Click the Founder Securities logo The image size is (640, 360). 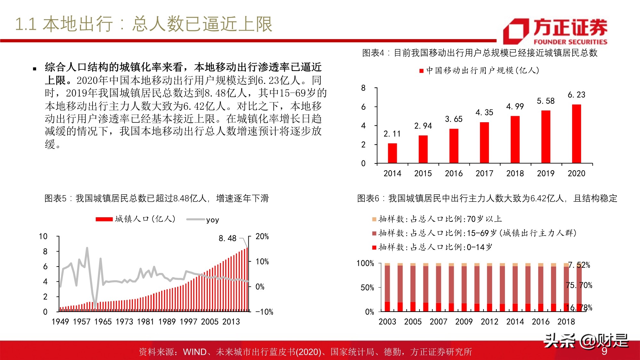pos(555,31)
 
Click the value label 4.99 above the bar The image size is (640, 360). pos(515,107)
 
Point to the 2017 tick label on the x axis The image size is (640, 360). pos(484,173)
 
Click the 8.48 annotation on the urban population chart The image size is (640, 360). pos(227,238)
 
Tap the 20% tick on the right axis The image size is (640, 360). pos(262,236)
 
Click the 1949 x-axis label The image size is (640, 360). pos(60,322)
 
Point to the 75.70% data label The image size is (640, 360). pos(579,285)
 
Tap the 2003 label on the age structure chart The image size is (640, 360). pos(387,322)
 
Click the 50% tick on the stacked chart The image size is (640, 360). pos(367,288)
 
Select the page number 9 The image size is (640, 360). pos(604,351)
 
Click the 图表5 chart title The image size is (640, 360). pos(156,198)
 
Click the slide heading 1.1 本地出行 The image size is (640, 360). pos(144,24)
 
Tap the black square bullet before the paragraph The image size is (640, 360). pos(35,69)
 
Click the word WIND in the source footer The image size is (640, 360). pos(195,352)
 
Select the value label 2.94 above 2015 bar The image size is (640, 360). pos(423,126)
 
